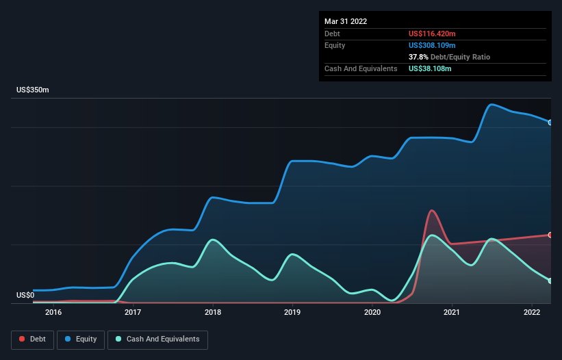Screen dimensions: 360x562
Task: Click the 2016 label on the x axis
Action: tap(53, 312)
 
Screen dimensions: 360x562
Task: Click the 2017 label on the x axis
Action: tap(133, 312)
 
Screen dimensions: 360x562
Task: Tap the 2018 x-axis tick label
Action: tap(213, 312)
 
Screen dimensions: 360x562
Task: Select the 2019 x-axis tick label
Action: tap(292, 312)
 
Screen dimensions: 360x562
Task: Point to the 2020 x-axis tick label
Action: tap(372, 312)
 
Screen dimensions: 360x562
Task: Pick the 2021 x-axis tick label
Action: tap(452, 312)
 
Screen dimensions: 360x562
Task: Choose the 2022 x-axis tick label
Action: tap(532, 312)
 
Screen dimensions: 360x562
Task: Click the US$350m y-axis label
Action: tap(33, 90)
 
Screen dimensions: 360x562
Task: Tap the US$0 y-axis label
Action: tap(25, 296)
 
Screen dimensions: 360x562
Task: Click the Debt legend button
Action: tap(32, 339)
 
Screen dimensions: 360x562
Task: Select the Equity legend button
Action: tap(81, 339)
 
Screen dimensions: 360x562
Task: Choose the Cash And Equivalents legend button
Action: tap(157, 339)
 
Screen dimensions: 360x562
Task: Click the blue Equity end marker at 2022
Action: tap(550, 123)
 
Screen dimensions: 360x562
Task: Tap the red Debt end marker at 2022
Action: tap(550, 235)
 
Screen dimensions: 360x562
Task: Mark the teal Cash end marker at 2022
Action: tap(550, 281)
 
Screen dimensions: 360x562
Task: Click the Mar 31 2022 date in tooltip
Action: tap(346, 21)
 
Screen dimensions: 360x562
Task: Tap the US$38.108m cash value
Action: tap(430, 68)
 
